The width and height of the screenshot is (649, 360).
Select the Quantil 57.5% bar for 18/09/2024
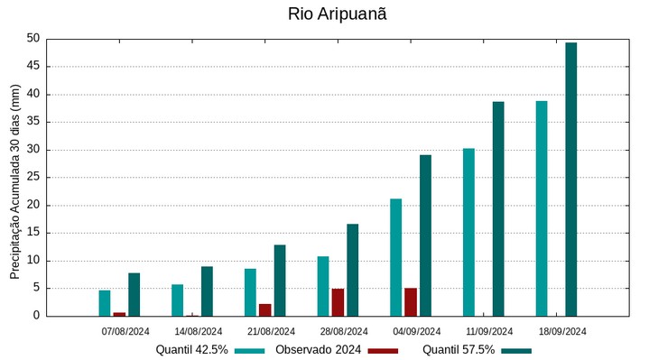pyautogui.click(x=570, y=179)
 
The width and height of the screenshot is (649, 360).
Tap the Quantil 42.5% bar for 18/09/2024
pyautogui.click(x=542, y=208)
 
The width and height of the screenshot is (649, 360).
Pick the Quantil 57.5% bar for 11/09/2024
pyautogui.click(x=498, y=208)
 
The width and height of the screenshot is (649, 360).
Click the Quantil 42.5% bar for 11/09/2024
pyautogui.click(x=468, y=232)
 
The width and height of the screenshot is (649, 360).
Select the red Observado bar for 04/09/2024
pyautogui.click(x=411, y=302)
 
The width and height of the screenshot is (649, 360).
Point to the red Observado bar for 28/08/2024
pyautogui.click(x=338, y=302)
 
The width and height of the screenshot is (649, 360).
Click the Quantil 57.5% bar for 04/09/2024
pyautogui.click(x=425, y=235)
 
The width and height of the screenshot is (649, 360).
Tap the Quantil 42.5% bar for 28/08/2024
pyautogui.click(x=323, y=286)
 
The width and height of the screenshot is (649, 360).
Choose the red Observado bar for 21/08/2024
pyautogui.click(x=264, y=309)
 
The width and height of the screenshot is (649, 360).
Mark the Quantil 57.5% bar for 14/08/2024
pyautogui.click(x=207, y=291)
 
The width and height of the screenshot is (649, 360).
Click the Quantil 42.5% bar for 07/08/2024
pyautogui.click(x=105, y=303)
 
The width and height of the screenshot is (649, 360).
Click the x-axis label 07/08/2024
pyautogui.click(x=125, y=331)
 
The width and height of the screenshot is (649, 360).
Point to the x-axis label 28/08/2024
pyautogui.click(x=344, y=331)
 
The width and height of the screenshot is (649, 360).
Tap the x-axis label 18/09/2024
pyautogui.click(x=562, y=331)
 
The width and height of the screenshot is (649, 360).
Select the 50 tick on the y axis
pyautogui.click(x=33, y=39)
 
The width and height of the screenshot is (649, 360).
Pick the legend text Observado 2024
pyautogui.click(x=319, y=350)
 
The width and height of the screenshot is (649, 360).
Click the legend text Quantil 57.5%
pyautogui.click(x=459, y=350)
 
